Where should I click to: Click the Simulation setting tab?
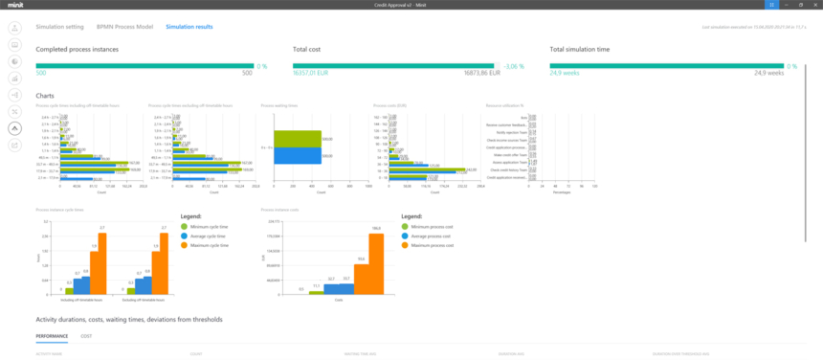tap(59, 27)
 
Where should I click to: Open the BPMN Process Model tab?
tap(124, 27)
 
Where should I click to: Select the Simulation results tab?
tap(189, 27)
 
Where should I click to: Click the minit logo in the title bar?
tap(17, 5)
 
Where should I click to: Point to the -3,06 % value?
tap(516, 66)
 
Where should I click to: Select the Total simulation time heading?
tap(580, 49)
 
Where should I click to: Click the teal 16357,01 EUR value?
tap(310, 73)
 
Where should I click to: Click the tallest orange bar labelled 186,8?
tap(376, 263)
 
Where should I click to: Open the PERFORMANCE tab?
tap(52, 336)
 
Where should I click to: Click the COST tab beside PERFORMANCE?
tap(86, 336)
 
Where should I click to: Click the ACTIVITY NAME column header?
tap(49, 353)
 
